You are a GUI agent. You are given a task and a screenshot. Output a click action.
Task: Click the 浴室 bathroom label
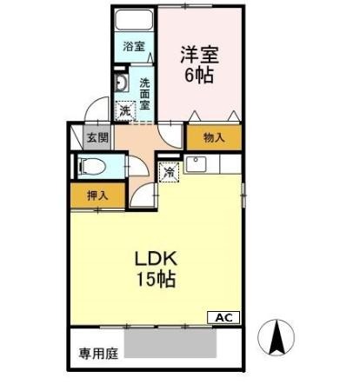(x=133, y=46)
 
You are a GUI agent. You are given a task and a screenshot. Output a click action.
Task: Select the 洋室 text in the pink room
(x=199, y=53)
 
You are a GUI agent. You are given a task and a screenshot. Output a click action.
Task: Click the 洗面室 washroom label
(x=144, y=88)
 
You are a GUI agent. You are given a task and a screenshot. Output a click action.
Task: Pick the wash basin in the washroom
(x=123, y=84)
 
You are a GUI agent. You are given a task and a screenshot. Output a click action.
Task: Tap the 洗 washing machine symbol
(x=126, y=110)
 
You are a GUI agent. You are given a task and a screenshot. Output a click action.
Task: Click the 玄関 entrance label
(x=97, y=136)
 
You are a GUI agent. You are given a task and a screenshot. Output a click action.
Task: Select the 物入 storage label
(x=214, y=137)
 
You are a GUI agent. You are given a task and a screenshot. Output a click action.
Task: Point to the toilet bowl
(x=93, y=165)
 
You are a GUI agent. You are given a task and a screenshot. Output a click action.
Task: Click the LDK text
(x=156, y=258)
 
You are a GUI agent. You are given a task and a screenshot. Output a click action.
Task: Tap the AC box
(x=223, y=317)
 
